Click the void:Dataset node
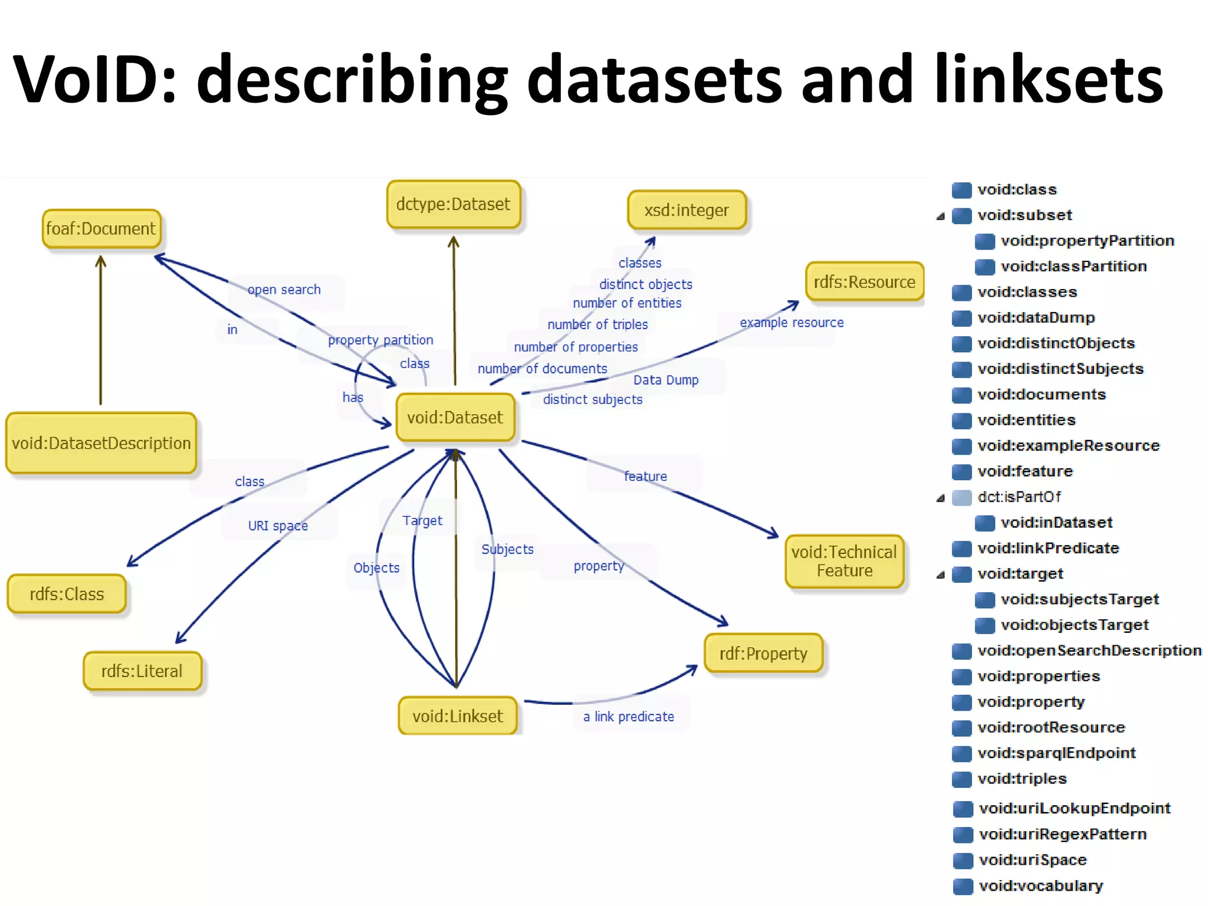[455, 418]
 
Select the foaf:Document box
[101, 228]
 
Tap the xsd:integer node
[687, 210]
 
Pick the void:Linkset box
[458, 716]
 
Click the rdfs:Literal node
[142, 671]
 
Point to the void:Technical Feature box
[844, 561]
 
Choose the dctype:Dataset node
[453, 204]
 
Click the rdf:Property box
[763, 654]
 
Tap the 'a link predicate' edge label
[629, 717]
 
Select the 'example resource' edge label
[792, 323]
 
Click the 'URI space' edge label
[278, 526]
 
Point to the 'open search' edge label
[284, 290]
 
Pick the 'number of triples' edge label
[598, 324]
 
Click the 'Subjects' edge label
[507, 549]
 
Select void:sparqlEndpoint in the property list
[1056, 753]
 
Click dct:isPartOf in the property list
[1019, 497]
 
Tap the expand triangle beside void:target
[941, 575]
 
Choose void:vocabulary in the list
[1040, 886]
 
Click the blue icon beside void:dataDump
[962, 319]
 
